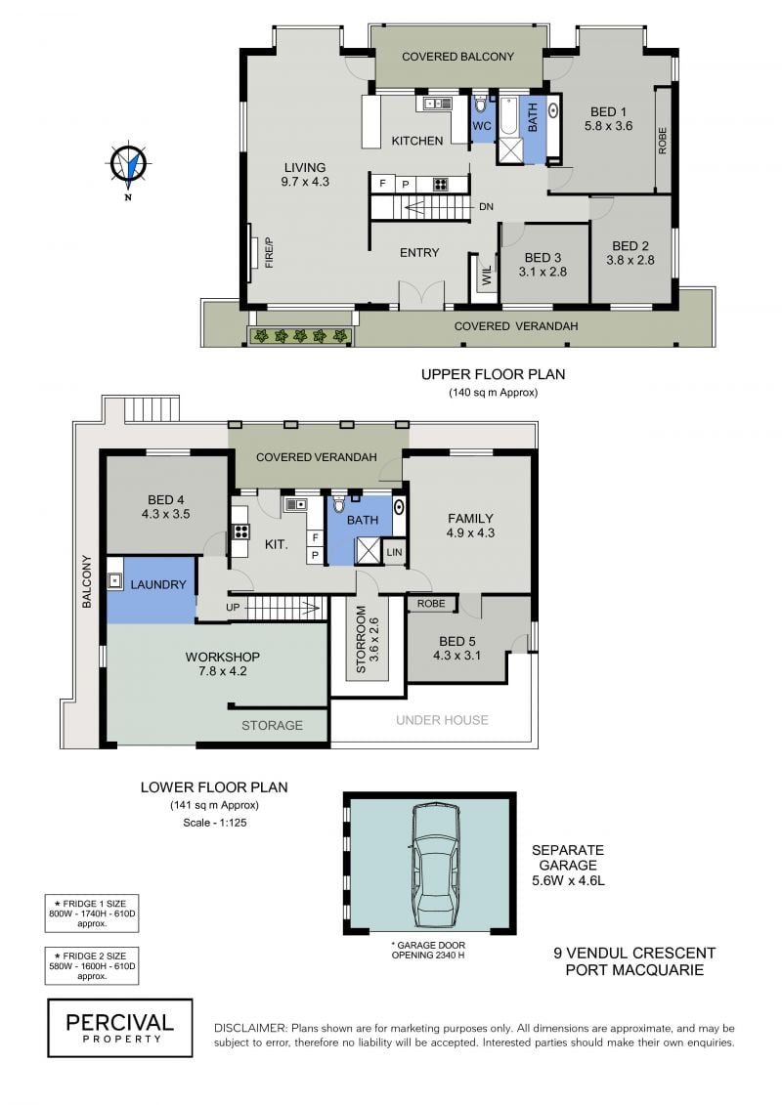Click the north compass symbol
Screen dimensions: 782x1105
click(x=128, y=166)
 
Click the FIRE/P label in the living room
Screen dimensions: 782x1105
click(x=269, y=253)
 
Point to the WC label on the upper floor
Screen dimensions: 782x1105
click(x=482, y=126)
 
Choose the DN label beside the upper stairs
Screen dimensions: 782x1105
click(x=486, y=206)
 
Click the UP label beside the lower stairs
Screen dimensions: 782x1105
click(x=233, y=607)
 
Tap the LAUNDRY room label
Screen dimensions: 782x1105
click(x=158, y=584)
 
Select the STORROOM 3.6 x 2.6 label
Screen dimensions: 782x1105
click(x=368, y=639)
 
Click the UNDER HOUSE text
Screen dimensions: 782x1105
click(x=442, y=719)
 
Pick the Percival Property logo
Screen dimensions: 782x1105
click(x=120, y=1028)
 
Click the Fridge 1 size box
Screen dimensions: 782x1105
click(x=92, y=914)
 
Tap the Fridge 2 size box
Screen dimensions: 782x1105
click(x=92, y=966)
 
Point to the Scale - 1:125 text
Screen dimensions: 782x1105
click(x=214, y=823)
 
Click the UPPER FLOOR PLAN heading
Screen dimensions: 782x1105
click(x=493, y=374)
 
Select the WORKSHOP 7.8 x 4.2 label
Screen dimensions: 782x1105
click(x=222, y=663)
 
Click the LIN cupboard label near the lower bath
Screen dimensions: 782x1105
click(x=394, y=553)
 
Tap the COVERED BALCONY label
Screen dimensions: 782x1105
click(x=457, y=57)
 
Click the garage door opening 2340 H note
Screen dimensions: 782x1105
click(x=428, y=950)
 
